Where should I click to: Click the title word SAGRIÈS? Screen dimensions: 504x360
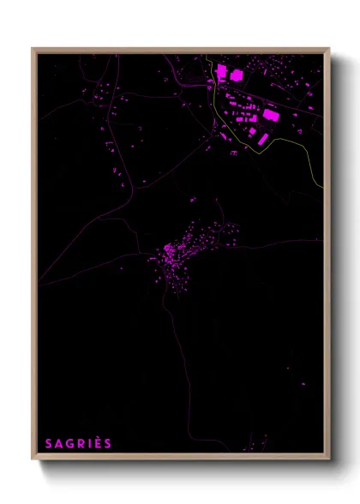[x=78, y=443]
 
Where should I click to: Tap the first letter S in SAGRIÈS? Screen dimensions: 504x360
[x=49, y=443]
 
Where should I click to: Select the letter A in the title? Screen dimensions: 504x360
[x=58, y=443]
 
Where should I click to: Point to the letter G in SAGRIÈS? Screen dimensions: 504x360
[x=69, y=443]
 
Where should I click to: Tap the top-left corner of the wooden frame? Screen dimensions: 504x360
[x=33, y=49]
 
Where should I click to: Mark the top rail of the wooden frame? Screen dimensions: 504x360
[x=180, y=50]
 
